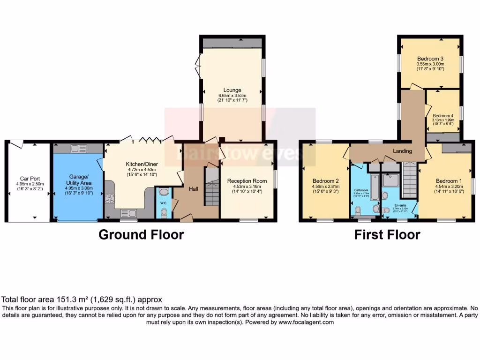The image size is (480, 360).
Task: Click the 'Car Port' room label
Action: [29, 179]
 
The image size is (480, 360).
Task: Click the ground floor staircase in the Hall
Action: [212, 187]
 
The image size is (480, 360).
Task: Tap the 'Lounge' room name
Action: [232, 90]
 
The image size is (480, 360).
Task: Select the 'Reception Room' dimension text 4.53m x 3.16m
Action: [247, 186]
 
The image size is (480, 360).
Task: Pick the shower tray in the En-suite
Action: [390, 180]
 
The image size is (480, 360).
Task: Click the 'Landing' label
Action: [402, 151]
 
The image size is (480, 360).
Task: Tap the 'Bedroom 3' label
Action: [430, 59]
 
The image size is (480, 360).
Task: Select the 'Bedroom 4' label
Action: [442, 116]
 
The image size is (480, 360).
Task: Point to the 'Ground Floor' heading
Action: [141, 234]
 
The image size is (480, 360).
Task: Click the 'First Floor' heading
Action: [387, 234]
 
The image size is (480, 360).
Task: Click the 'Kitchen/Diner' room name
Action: [141, 164]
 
